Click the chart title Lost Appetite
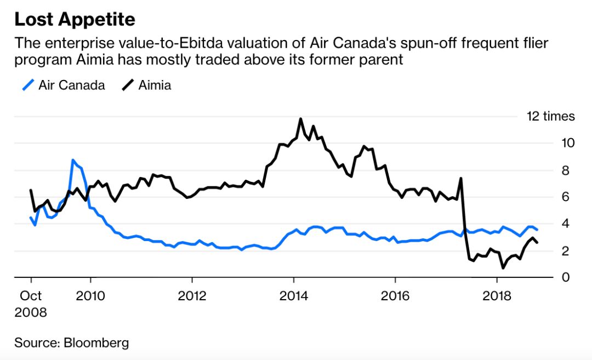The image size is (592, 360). (75, 20)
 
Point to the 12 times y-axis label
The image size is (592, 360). (550, 116)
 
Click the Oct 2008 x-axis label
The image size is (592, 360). (31, 304)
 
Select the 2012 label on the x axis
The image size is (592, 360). (192, 296)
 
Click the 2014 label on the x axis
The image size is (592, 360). (294, 296)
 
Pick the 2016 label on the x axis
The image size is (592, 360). (395, 296)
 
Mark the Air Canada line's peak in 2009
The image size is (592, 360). (73, 160)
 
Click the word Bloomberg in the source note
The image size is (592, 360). (96, 343)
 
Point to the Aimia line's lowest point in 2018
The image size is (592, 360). (503, 267)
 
